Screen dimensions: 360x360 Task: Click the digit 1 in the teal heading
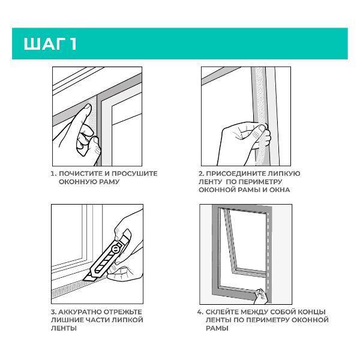pos(73,44)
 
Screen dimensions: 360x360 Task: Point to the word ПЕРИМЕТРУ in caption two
pos(260,182)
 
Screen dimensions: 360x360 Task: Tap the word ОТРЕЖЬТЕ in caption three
pos(123,312)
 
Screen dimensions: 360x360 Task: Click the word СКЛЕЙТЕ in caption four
pos(222,312)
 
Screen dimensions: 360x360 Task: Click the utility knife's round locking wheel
pos(116,248)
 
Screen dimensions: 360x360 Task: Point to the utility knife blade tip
pos(84,280)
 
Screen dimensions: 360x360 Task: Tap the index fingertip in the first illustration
pos(87,107)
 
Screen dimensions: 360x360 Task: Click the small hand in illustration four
pos(261,296)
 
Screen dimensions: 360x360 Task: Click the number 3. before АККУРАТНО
pos(53,312)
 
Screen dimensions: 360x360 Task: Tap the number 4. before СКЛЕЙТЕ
pos(200,312)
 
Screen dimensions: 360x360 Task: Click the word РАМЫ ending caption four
pos(217,329)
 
